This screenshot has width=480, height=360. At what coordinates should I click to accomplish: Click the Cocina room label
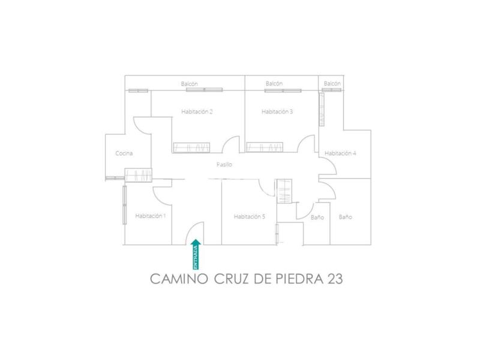click(124, 153)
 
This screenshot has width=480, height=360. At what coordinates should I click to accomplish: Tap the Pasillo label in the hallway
click(224, 164)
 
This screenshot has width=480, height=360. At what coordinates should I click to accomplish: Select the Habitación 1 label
click(151, 216)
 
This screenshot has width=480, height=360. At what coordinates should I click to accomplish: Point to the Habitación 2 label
click(197, 112)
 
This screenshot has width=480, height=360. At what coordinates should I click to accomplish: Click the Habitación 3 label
click(277, 112)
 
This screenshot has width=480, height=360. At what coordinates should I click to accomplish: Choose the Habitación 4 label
click(340, 153)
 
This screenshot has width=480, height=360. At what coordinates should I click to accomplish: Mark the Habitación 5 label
click(250, 217)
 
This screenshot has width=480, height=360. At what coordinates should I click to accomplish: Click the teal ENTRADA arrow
click(196, 254)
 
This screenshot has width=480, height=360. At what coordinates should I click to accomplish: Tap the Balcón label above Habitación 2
click(189, 83)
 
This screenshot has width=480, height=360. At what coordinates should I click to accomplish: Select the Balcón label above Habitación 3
click(274, 83)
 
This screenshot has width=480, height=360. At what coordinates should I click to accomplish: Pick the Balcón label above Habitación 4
click(332, 83)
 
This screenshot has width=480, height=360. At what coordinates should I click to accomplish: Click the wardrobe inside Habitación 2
click(191, 148)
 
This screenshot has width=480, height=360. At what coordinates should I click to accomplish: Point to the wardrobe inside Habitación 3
click(265, 147)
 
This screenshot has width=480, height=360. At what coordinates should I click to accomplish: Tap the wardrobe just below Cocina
click(139, 175)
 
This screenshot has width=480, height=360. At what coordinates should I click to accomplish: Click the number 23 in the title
click(335, 279)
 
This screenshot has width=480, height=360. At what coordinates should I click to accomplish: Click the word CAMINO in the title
click(179, 279)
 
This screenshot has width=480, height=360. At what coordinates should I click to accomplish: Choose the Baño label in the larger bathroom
click(346, 217)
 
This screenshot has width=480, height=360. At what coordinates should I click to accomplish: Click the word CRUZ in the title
click(232, 279)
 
